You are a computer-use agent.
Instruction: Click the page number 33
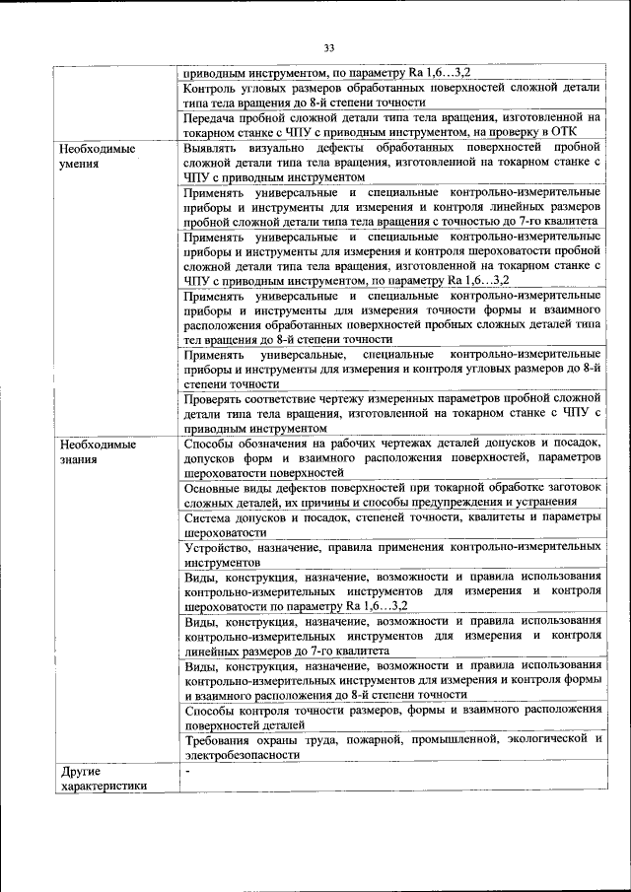[x=329, y=46]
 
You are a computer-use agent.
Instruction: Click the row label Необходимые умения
[x=96, y=156]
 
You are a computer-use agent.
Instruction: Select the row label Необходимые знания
[x=96, y=451]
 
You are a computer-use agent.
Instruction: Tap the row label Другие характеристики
[x=103, y=778]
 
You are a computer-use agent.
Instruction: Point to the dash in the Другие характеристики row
[x=186, y=770]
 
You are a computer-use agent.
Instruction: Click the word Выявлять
[x=212, y=148]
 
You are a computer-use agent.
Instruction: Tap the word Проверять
[x=215, y=399]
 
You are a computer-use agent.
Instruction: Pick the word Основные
[x=214, y=487]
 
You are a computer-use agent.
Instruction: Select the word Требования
[x=219, y=739]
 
